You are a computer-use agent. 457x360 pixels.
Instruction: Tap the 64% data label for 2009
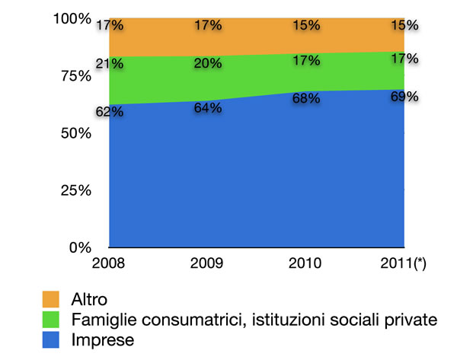(207, 108)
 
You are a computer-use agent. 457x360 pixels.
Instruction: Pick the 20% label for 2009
(207, 64)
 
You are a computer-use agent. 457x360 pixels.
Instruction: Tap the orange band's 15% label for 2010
(306, 25)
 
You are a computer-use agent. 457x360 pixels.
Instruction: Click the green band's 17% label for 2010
(306, 61)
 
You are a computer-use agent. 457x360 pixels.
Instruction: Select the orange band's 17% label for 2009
(207, 25)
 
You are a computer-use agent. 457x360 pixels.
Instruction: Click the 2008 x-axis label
(109, 263)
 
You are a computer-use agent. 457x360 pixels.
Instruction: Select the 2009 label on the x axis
(207, 263)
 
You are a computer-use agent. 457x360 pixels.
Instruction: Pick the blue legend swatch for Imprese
(52, 340)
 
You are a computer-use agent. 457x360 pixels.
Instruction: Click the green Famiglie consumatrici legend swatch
(52, 320)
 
